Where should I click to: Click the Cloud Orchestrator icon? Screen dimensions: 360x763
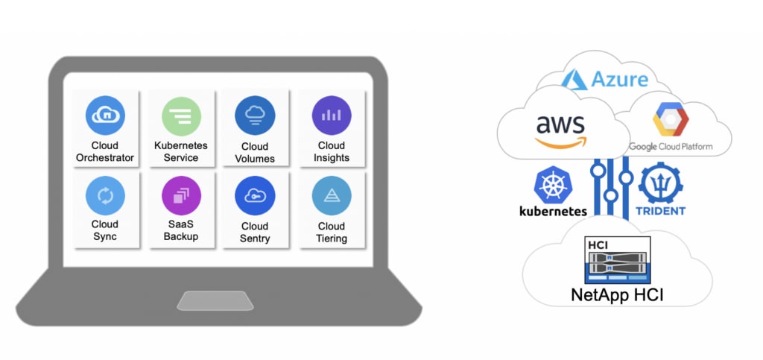coord(105,115)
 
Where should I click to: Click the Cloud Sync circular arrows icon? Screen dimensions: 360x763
coord(105,196)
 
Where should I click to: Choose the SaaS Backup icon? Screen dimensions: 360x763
coord(181,196)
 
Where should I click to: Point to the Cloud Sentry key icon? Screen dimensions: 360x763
coord(255,196)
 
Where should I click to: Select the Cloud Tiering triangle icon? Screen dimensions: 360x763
coord(331,196)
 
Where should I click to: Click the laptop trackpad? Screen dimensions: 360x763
coord(215,300)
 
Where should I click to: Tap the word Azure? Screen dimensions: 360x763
coord(620,79)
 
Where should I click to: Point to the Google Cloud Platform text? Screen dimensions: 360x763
coord(671,147)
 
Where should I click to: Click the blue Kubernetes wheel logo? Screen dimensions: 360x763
coord(552,185)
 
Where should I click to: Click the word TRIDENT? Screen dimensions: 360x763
coord(660,211)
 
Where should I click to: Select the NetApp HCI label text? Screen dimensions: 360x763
coord(617,294)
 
